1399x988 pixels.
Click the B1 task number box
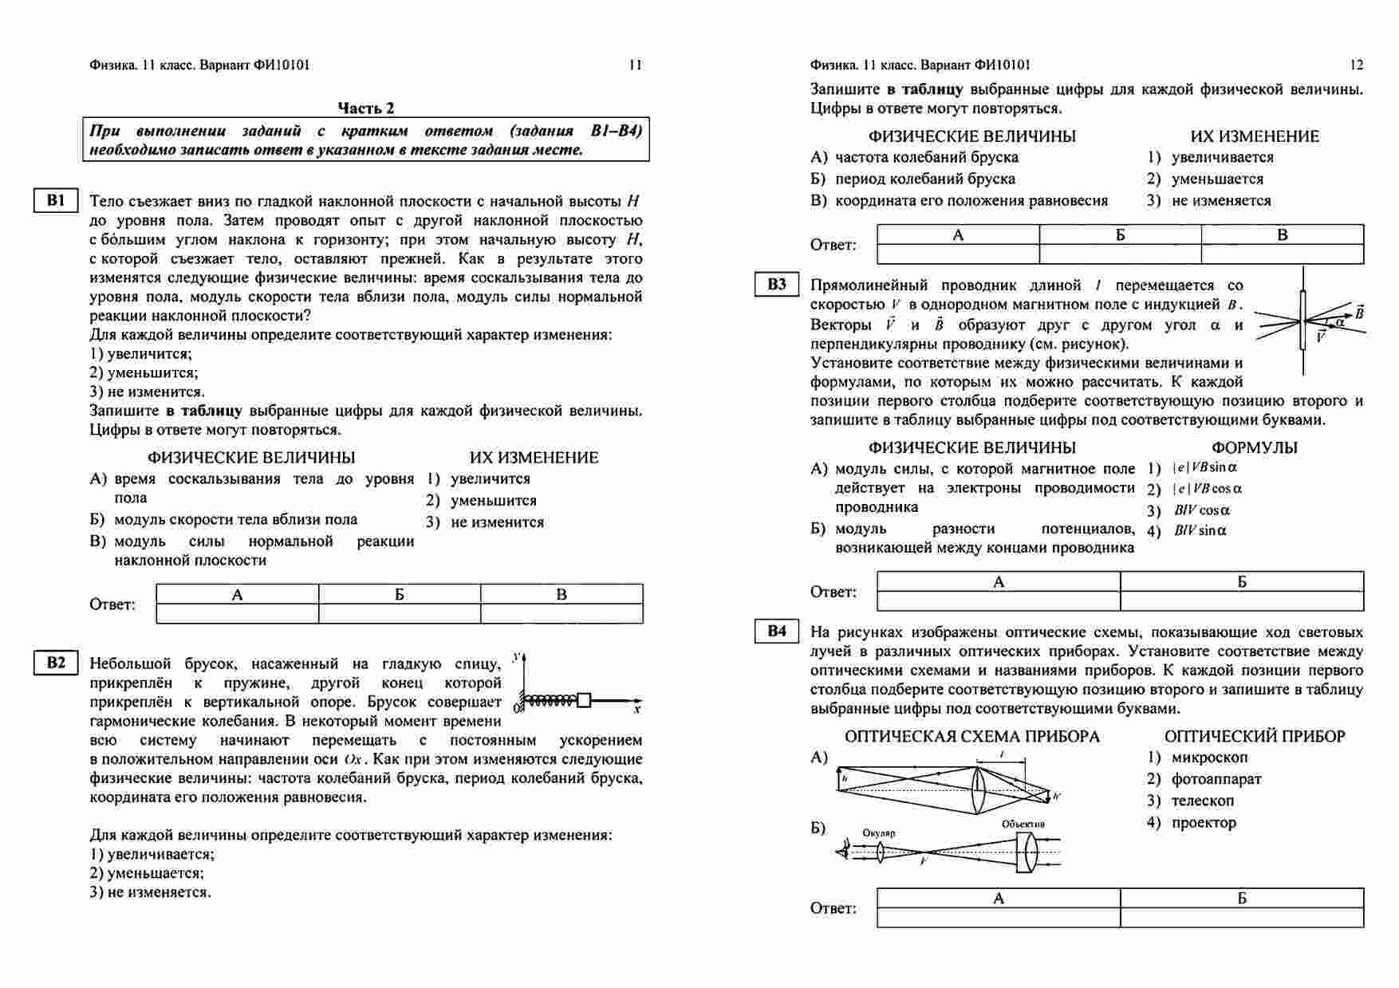click(55, 200)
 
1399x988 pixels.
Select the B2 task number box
click(55, 663)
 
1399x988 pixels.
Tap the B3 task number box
click(776, 285)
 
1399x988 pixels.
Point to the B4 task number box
click(776, 632)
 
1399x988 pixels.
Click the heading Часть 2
click(365, 108)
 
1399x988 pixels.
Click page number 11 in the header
click(635, 65)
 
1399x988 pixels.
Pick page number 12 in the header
click(1356, 65)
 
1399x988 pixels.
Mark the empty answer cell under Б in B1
click(399, 613)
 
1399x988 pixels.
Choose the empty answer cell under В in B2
click(1282, 254)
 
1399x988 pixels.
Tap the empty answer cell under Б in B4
click(1241, 917)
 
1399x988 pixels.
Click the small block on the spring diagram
click(584, 700)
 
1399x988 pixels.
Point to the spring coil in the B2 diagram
click(551, 700)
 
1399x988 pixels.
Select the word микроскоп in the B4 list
click(1209, 758)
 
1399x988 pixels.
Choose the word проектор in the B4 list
click(1204, 822)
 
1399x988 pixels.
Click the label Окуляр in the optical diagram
click(878, 833)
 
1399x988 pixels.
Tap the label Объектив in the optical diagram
click(1023, 825)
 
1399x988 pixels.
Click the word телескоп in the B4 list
click(1202, 801)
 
